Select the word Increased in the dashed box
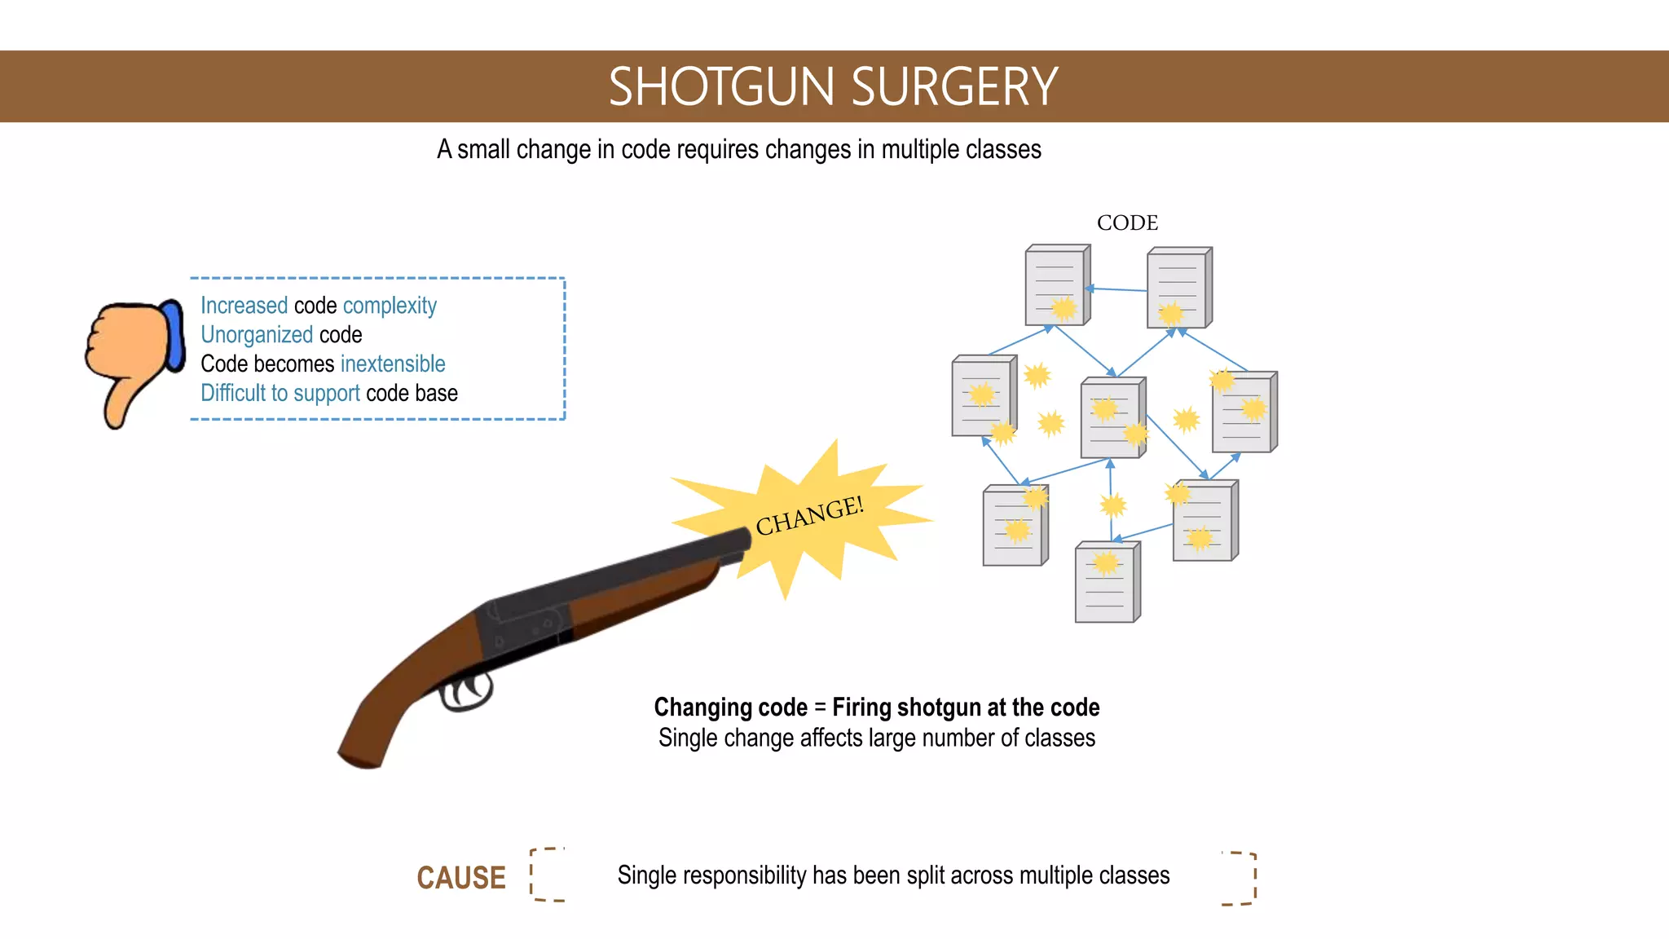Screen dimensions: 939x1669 click(244, 306)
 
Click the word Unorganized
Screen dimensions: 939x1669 click(257, 335)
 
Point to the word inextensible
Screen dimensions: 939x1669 click(393, 364)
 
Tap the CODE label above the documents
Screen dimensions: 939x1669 click(1127, 223)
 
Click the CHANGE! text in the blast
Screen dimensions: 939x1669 click(808, 515)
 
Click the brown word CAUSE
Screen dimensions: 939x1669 click(461, 878)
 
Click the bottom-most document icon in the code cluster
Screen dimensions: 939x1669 click(1107, 583)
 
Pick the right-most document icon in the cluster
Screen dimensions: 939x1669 click(1244, 412)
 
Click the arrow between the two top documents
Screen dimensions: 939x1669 click(1116, 289)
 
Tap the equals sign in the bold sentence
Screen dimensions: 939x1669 click(820, 708)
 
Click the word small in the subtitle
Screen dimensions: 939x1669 click(483, 150)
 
